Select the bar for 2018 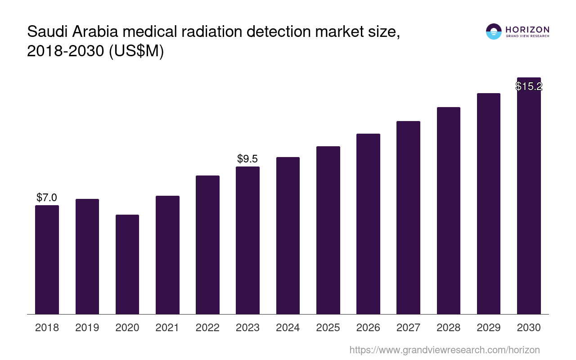pos(47,260)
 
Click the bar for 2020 pos(127,264)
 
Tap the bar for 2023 pos(247,240)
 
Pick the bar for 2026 pos(368,224)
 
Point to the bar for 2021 pos(167,255)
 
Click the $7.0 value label pos(47,198)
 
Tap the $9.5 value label pos(247,159)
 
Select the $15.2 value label pos(529,86)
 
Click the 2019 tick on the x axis pos(87,328)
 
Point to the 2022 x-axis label pos(207,328)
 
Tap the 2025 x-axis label pos(328,328)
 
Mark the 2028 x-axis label pos(449,328)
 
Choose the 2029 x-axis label pos(489,328)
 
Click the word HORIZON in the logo pos(527,29)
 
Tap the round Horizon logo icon pos(494,31)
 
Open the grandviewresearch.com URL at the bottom pos(444,350)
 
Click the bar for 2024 pos(288,235)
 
